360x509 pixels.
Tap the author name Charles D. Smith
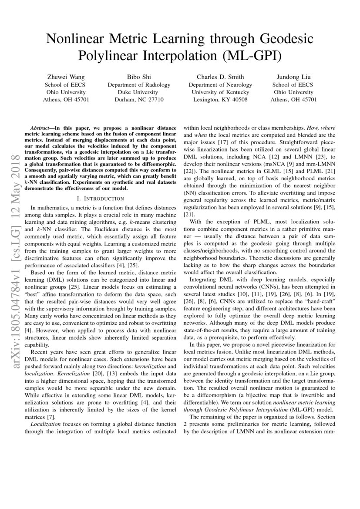tap(220, 77)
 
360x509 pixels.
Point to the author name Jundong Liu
tap(293, 77)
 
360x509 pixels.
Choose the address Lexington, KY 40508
tap(220, 100)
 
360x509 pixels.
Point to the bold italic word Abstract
tap(41, 129)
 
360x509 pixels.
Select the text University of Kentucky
tap(220, 92)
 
